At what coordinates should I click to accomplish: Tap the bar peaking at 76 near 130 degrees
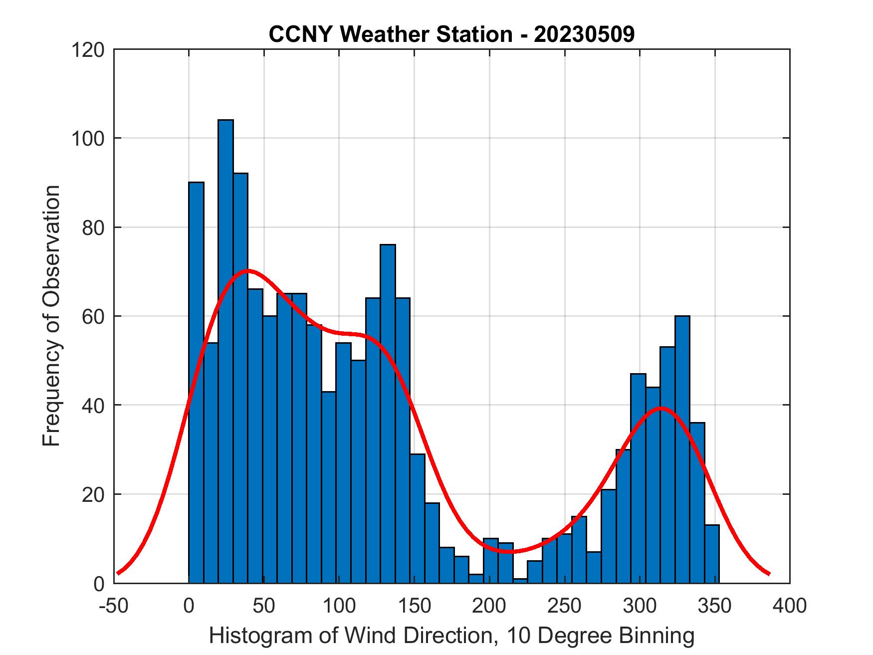click(388, 414)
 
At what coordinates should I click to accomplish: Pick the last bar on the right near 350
click(712, 554)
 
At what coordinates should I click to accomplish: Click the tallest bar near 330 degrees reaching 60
click(682, 449)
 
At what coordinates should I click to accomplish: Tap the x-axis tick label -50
click(114, 606)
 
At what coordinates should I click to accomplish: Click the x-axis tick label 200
click(489, 606)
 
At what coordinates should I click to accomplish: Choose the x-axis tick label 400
click(790, 606)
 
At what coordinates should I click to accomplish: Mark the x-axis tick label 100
click(339, 606)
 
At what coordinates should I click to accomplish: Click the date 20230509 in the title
click(584, 34)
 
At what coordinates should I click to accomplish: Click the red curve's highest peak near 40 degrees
click(248, 271)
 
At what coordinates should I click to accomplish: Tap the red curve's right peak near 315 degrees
click(660, 408)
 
